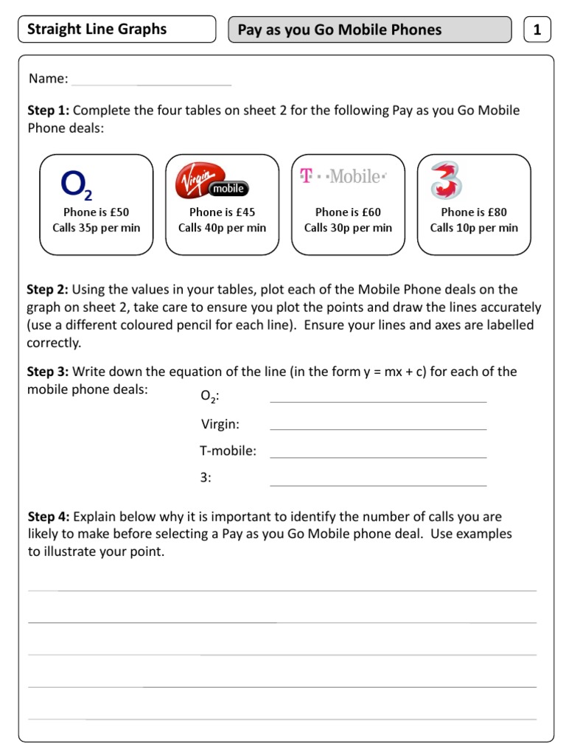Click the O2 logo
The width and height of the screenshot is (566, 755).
[x=77, y=184]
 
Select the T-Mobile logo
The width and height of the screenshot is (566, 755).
[x=343, y=176]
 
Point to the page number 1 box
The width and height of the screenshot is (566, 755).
[x=537, y=29]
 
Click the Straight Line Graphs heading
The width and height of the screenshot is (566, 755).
[x=97, y=29]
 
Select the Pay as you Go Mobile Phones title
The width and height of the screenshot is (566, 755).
[x=340, y=30]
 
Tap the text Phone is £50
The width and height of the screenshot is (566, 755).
[x=96, y=212]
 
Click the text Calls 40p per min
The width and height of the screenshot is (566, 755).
[x=222, y=228]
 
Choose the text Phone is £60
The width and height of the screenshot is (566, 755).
[x=348, y=212]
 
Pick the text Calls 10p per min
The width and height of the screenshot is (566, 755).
[x=474, y=228]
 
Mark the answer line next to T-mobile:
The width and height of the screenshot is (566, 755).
[x=378, y=456]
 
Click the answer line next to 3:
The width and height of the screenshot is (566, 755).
[x=378, y=484]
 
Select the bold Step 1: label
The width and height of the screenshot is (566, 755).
[x=49, y=111]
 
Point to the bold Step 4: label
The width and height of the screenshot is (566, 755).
[x=49, y=517]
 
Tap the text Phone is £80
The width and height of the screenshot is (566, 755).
[x=474, y=212]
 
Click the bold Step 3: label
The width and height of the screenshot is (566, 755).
[x=49, y=372]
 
